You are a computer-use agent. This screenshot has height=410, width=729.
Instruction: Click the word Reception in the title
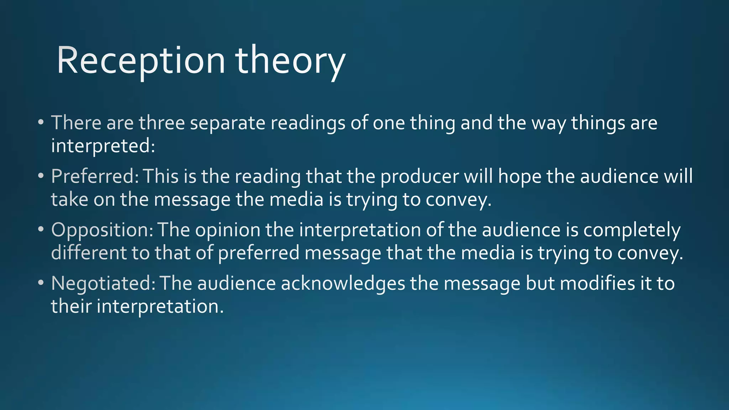coord(141,61)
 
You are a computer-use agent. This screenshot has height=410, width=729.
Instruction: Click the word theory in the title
coord(290,61)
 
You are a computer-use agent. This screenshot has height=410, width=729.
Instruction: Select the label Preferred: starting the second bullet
coord(95,176)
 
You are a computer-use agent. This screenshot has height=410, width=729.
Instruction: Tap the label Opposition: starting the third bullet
coord(102,230)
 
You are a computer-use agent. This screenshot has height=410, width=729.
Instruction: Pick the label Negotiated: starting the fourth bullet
coord(103,283)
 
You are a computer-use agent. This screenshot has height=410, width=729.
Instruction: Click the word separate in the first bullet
coord(228,123)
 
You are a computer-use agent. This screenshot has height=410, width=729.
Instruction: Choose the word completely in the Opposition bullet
coord(632,230)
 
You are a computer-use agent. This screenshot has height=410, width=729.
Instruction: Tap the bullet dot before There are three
coord(41,122)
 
